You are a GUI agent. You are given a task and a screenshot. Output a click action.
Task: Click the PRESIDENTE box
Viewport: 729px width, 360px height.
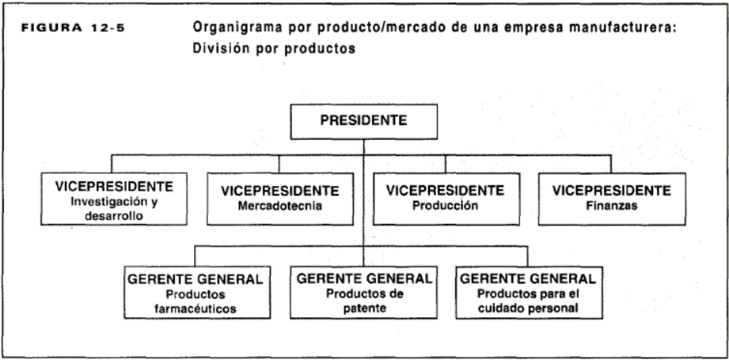pos(363,122)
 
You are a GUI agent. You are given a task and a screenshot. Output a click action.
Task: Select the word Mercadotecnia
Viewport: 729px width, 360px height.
pos(280,206)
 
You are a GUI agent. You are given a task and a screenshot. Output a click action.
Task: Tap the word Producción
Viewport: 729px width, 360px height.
pos(446,206)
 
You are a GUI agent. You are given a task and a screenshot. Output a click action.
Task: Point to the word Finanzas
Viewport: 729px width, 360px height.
pos(611,206)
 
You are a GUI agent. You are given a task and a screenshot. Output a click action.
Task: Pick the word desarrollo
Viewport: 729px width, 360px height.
pos(114,215)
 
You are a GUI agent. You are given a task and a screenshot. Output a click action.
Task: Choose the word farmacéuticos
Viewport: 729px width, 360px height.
pos(196,309)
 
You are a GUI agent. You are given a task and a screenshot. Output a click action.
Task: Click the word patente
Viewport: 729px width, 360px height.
pos(364,309)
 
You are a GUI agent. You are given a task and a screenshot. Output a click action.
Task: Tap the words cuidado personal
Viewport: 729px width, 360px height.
pos(530,309)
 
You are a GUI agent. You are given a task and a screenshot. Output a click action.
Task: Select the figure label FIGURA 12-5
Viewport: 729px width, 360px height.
pos(74,26)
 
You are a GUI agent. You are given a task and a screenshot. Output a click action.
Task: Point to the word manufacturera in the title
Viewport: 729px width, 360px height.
pos(618,28)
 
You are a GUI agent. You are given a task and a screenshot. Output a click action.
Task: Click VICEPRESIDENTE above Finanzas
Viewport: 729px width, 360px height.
pos(611,191)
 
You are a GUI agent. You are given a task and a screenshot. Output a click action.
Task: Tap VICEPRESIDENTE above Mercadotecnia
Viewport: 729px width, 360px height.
pos(280,191)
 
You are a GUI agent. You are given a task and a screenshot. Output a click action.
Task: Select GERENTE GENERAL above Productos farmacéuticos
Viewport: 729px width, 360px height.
pos(196,279)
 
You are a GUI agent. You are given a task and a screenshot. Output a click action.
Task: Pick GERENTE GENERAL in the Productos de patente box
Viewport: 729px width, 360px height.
pos(364,279)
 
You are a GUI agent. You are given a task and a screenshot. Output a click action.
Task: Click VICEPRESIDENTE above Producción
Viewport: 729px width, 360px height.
pos(446,191)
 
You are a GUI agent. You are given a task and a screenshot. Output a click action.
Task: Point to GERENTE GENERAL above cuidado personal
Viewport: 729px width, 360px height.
pos(528,279)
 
